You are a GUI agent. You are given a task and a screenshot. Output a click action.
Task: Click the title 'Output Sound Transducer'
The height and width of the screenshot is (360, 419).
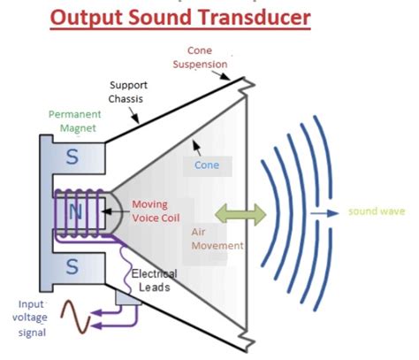pos(180,17)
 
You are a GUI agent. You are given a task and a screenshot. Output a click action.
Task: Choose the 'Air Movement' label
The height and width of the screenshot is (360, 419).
pos(216,237)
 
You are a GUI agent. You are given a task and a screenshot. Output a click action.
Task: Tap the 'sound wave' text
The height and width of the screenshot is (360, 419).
pos(377,212)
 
